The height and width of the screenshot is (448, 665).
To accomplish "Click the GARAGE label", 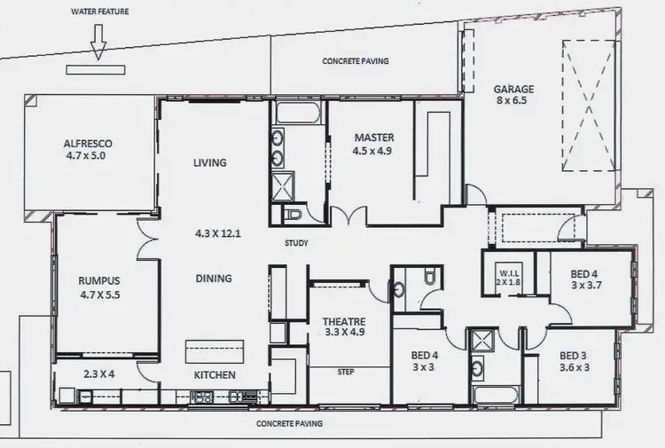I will pos(513,89).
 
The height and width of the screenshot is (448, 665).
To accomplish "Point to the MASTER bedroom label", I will pos(373,138).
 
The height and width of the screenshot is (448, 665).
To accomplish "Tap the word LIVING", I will pos(210,162).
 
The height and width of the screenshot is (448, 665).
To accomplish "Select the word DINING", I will pos(213,279).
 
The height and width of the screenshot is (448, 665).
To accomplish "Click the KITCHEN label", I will pos(215,375).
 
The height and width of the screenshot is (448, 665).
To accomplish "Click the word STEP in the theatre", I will pos(347,373).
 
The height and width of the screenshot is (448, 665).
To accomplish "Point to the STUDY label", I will pos(296,242).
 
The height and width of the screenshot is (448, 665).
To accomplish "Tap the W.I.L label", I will pos(507,272).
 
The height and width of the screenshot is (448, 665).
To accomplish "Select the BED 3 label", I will pos(573,357).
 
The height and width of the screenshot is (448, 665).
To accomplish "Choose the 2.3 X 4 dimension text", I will pos(99,374).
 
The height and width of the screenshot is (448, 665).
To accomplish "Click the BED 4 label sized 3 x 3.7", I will pos(586,275).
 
